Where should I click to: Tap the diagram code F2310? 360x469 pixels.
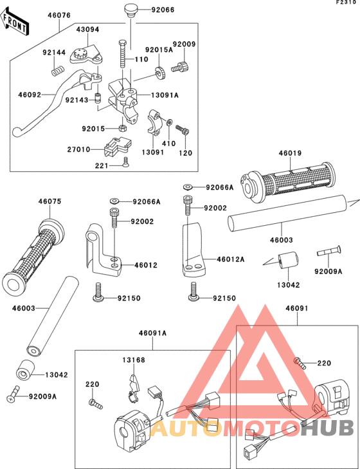[x=346, y=3]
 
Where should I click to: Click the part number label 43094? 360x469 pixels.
[x=87, y=30]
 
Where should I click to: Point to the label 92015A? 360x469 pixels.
[x=157, y=50]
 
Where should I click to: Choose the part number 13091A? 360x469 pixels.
[x=165, y=95]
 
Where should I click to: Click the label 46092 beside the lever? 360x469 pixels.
[x=29, y=95]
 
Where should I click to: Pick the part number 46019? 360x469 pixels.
[x=290, y=154]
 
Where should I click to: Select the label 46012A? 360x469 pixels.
[x=231, y=259]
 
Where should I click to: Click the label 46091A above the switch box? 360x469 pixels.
[x=152, y=333]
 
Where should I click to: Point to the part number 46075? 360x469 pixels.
[x=50, y=202]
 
